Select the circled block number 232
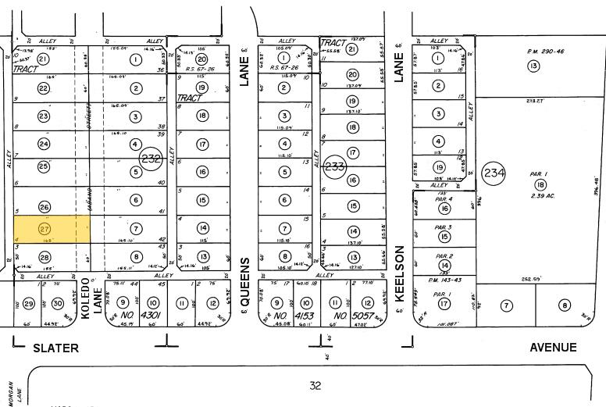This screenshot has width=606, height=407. pos(150,159)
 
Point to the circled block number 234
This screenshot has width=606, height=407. pos(494,172)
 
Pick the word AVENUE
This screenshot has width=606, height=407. pos(551,347)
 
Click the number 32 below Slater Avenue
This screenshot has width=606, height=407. pos(315,384)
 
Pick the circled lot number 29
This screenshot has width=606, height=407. pos(30,304)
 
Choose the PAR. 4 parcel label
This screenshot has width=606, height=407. pos(444,198)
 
